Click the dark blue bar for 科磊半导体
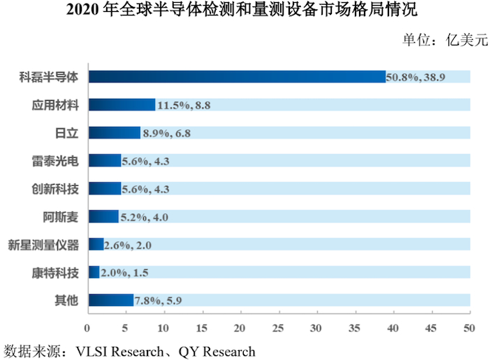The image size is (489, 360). [238, 77]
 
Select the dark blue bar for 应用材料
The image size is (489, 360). [122, 105]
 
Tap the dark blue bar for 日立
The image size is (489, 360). [115, 133]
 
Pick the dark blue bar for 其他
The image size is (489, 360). [110, 301]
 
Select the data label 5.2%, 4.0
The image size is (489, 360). [145, 217]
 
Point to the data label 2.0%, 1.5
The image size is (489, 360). [126, 273]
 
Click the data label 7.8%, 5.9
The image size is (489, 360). [160, 301]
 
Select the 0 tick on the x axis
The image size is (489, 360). [87, 328]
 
